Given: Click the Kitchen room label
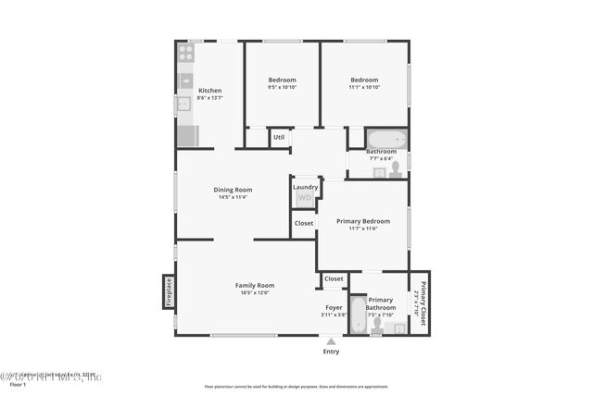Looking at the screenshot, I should pyautogui.click(x=209, y=91).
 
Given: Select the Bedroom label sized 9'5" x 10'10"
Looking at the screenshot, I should pyautogui.click(x=282, y=80).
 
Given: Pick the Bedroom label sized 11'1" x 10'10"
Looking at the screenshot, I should pyautogui.click(x=362, y=80).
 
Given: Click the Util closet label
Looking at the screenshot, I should pyautogui.click(x=278, y=138).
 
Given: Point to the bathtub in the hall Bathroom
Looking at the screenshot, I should pyautogui.click(x=385, y=139).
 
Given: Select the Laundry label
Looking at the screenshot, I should pyautogui.click(x=306, y=187).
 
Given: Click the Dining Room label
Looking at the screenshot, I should pyautogui.click(x=233, y=190).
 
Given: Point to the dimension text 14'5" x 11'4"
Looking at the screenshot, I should pyautogui.click(x=233, y=197).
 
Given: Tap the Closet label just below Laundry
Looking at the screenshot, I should pyautogui.click(x=304, y=223).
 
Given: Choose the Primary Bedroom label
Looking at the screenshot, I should pyautogui.click(x=362, y=221).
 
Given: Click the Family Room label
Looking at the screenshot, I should pyautogui.click(x=255, y=285).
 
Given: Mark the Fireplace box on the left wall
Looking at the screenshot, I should pyautogui.click(x=169, y=290).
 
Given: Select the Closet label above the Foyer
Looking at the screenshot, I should pyautogui.click(x=334, y=278).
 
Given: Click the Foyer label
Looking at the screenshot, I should pyautogui.click(x=334, y=307).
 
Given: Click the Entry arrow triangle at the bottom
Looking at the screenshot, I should pyautogui.click(x=331, y=341).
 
